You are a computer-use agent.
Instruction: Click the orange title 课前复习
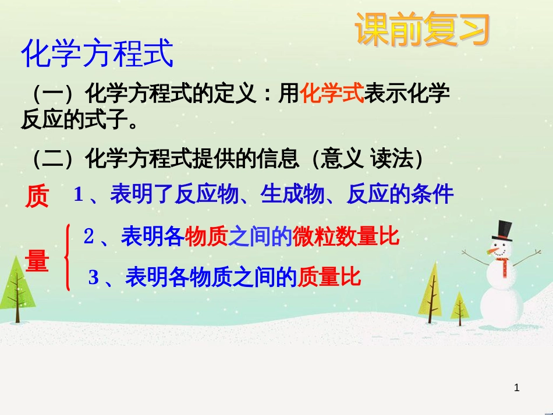[x=423, y=30]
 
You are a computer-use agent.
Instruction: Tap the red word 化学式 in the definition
[x=332, y=93]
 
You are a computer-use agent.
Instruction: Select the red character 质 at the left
[x=37, y=198]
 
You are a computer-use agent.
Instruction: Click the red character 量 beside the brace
[x=37, y=262]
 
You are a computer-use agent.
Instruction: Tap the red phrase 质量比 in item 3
[x=329, y=277]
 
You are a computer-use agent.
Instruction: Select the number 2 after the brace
[x=89, y=236]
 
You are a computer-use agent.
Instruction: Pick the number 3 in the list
[x=94, y=278]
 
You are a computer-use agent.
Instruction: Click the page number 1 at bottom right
[x=517, y=388]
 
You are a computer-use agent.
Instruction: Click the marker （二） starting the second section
[x=54, y=158]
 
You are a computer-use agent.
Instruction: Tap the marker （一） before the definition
[x=54, y=93]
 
